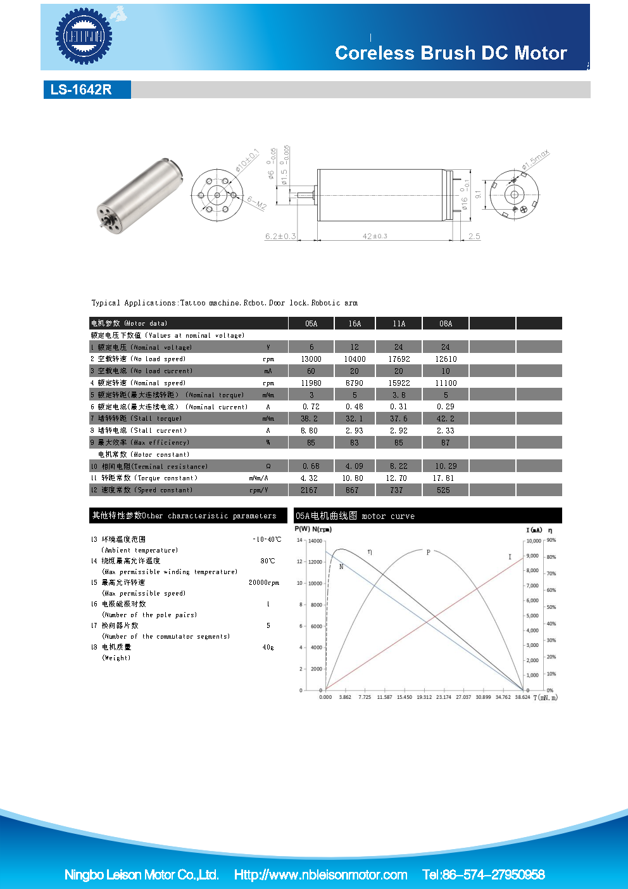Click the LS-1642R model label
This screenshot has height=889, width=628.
[81, 90]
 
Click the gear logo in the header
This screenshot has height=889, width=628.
[84, 36]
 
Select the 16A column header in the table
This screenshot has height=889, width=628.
[355, 324]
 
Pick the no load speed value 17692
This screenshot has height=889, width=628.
[399, 359]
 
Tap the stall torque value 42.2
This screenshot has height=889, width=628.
[445, 419]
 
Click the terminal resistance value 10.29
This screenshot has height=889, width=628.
[445, 466]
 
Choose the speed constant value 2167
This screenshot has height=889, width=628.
[309, 490]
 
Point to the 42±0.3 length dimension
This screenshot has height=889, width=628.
[375, 236]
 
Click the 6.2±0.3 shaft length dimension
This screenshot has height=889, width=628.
[280, 236]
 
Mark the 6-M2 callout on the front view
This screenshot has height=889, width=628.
[256, 203]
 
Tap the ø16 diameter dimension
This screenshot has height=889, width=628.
[464, 203]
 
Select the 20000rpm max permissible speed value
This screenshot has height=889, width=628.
[263, 583]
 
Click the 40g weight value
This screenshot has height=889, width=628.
[268, 648]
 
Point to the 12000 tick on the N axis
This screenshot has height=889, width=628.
[315, 562]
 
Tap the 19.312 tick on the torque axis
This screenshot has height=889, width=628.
[424, 697]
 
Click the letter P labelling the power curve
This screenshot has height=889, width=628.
[428, 553]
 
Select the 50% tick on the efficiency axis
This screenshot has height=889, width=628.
[551, 607]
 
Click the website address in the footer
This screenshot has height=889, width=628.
[320, 875]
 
